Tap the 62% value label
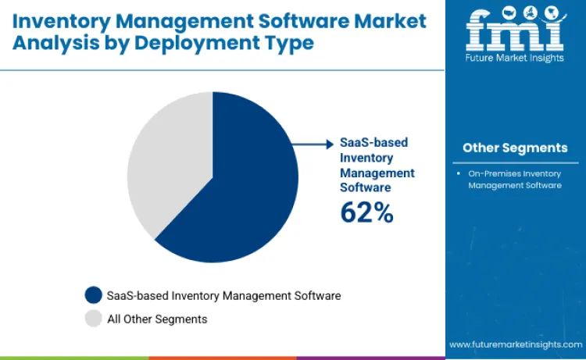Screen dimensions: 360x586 pos(366,212)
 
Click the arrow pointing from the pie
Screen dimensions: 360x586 pos(316,144)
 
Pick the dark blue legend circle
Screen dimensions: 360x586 pos(94,295)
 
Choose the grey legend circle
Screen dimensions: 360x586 pos(94,319)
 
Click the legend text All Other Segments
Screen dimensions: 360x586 pos(157,319)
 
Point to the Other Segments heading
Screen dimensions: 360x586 pos(515,148)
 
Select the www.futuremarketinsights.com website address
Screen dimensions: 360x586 pos(515,344)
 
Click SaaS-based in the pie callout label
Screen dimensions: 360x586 pos(374,143)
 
